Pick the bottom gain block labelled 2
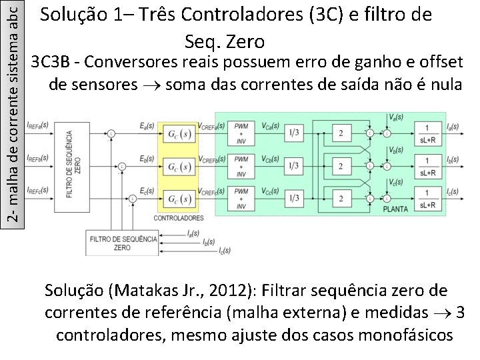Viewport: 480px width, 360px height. point(341,198)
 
